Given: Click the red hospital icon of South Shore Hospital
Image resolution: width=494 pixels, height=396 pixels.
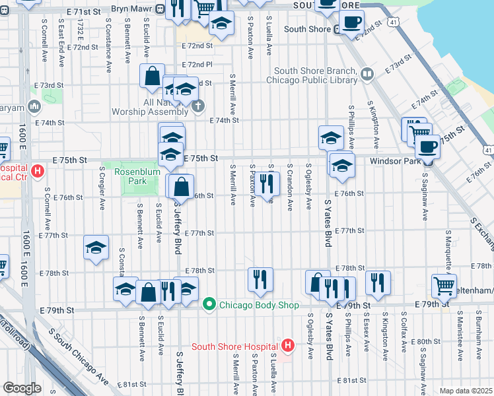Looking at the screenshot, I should pyautogui.click(x=287, y=345).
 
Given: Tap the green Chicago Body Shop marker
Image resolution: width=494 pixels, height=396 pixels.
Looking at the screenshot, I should pyautogui.click(x=209, y=304).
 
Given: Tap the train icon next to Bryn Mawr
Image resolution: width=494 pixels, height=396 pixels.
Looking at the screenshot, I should pyautogui.click(x=160, y=11).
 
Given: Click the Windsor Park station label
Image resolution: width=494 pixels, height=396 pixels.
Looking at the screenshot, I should pyautogui.click(x=395, y=160).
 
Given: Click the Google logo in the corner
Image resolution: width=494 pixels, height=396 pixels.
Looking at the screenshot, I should pyautogui.click(x=21, y=387).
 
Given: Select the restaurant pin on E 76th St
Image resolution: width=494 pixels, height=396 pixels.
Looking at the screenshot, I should pyautogui.click(x=267, y=183).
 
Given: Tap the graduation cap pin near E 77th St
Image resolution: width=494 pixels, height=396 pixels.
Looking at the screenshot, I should pyautogui.click(x=96, y=247).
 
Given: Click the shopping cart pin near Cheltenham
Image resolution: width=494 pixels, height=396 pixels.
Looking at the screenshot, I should pyautogui.click(x=444, y=285).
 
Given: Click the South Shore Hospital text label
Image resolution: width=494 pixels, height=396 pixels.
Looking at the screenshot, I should pyautogui.click(x=234, y=346).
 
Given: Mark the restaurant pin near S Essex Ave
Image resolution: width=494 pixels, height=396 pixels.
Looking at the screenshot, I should pyautogui.click(x=378, y=282).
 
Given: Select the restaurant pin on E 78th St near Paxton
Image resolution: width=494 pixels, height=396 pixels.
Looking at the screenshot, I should pyautogui.click(x=260, y=279).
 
